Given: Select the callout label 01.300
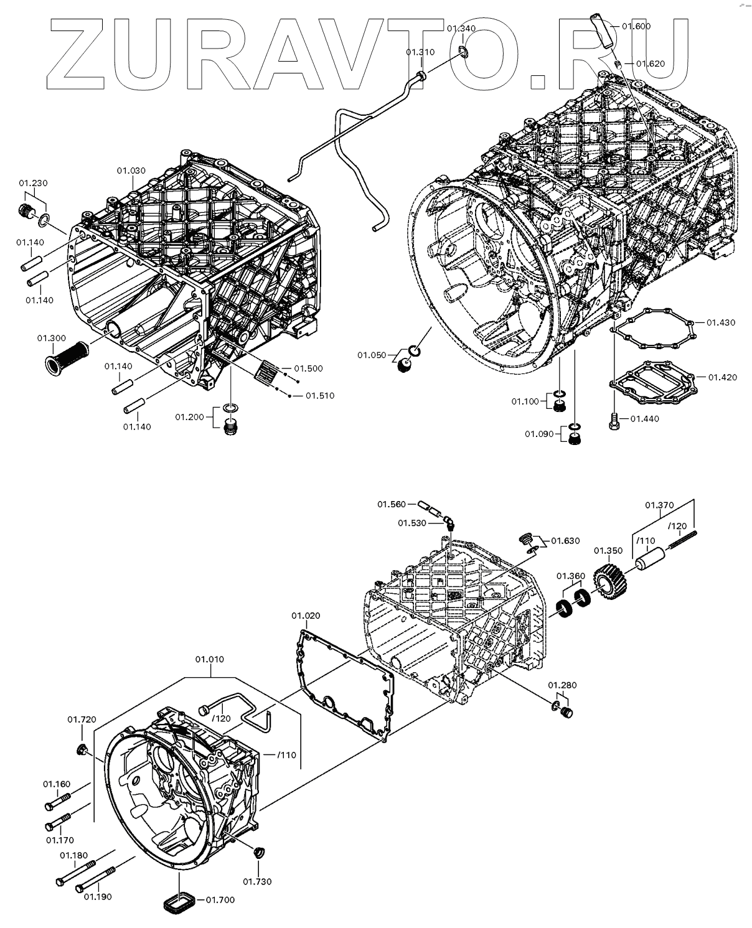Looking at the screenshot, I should point(51,338).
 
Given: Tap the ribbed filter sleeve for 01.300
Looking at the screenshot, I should point(65,357).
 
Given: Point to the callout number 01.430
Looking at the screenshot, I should point(721,322).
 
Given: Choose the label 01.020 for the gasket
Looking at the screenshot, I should point(306,616).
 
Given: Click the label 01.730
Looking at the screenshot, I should point(257,881).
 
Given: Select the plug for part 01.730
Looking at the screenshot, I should point(259,852).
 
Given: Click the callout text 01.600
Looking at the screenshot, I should point(636,26).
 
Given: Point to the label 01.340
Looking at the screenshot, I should point(461,29).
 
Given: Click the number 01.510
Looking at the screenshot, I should point(319,395).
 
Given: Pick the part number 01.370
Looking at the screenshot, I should point(659,505).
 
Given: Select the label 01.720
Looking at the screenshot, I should point(82,719).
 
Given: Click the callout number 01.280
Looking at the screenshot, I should point(562,685).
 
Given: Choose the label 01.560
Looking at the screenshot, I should point(391,504).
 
